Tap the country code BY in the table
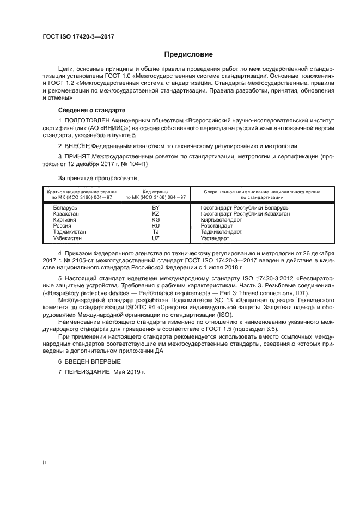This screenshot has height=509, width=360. (156, 208)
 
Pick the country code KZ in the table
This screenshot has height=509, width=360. (156, 214)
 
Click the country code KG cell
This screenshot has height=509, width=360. (156, 220)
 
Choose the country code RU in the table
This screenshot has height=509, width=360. (156, 226)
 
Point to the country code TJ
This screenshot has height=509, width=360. (156, 232)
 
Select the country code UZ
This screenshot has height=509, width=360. (156, 238)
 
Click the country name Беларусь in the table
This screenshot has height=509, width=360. (65, 208)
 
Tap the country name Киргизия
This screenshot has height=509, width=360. (65, 220)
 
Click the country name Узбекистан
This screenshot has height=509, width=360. (68, 238)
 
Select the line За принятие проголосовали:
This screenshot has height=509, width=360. (99, 177)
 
